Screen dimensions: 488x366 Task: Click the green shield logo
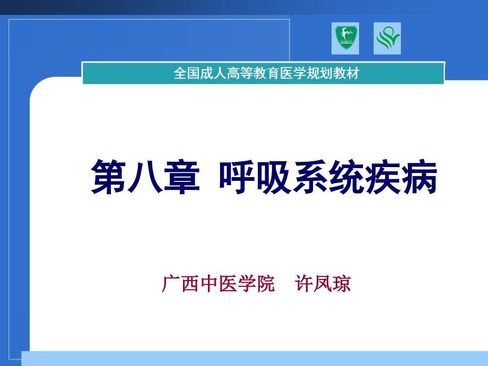[x=345, y=38]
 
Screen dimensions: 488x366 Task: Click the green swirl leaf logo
[x=387, y=39]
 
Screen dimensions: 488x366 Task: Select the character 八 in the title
[x=145, y=177]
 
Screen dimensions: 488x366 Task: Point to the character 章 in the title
[x=181, y=177]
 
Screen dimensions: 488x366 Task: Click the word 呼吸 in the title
[x=255, y=177]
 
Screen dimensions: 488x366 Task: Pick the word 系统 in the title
[x=328, y=177]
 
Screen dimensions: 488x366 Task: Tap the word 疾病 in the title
[x=401, y=177]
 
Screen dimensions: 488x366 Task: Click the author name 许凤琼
[x=323, y=284]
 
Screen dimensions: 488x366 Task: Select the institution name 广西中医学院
[x=218, y=284]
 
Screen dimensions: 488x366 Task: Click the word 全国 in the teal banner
[x=186, y=73]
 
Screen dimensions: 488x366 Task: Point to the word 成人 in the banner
[x=213, y=73]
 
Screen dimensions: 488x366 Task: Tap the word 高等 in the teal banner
[x=240, y=73]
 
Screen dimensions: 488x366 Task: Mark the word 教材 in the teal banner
[x=346, y=73]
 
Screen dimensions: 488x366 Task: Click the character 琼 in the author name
[x=342, y=284]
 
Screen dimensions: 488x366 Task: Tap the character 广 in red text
[x=171, y=284]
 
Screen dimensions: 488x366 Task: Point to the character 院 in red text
[x=266, y=284]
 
